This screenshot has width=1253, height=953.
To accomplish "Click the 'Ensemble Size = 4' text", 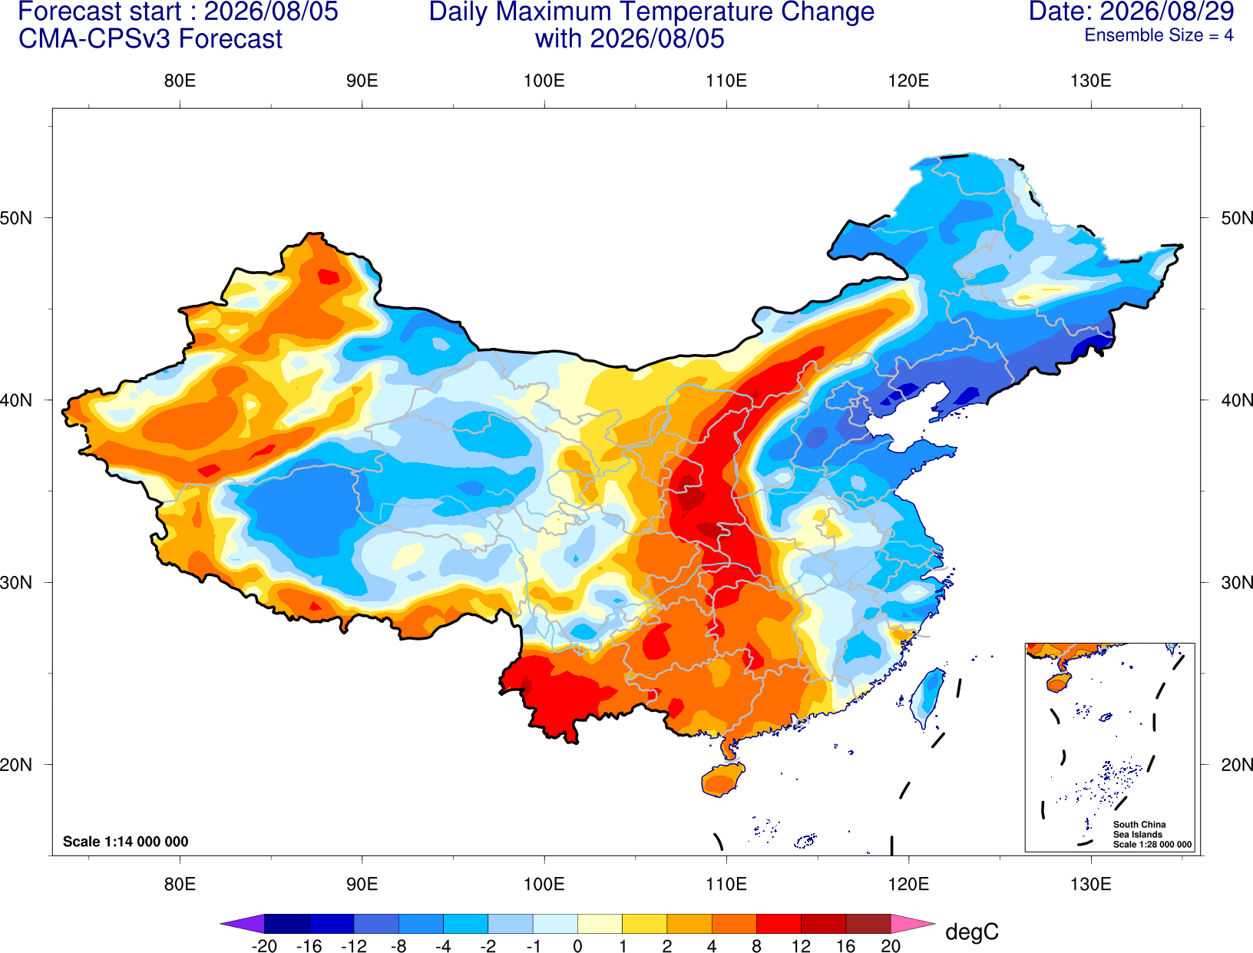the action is [x=1159, y=35].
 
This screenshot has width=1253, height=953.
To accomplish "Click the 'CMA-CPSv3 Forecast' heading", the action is [x=150, y=39].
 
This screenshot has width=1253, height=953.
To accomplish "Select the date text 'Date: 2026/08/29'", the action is [x=1132, y=12].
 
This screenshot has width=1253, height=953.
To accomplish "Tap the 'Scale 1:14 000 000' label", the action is [x=126, y=841].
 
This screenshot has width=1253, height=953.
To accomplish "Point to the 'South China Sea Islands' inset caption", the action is [x=1139, y=829].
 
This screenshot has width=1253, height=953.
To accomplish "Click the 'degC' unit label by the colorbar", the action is [x=972, y=931].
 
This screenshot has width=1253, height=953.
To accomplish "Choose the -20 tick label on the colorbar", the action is [x=264, y=946].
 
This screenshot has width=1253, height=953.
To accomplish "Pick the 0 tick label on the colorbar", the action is [x=577, y=946].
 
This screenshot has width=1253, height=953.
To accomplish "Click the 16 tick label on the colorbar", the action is [x=846, y=946].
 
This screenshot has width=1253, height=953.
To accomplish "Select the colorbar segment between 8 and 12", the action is [x=779, y=923].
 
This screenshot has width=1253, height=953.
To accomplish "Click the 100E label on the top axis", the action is [x=544, y=81].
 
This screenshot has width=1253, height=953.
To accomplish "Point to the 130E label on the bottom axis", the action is [x=1091, y=885].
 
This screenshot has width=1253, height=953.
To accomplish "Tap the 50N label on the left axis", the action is [x=16, y=217].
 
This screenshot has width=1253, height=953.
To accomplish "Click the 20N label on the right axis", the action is [x=1237, y=765].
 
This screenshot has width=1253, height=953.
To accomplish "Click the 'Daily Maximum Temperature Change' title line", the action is [x=651, y=12].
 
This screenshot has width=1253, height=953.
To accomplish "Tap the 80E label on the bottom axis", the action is [x=180, y=885].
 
